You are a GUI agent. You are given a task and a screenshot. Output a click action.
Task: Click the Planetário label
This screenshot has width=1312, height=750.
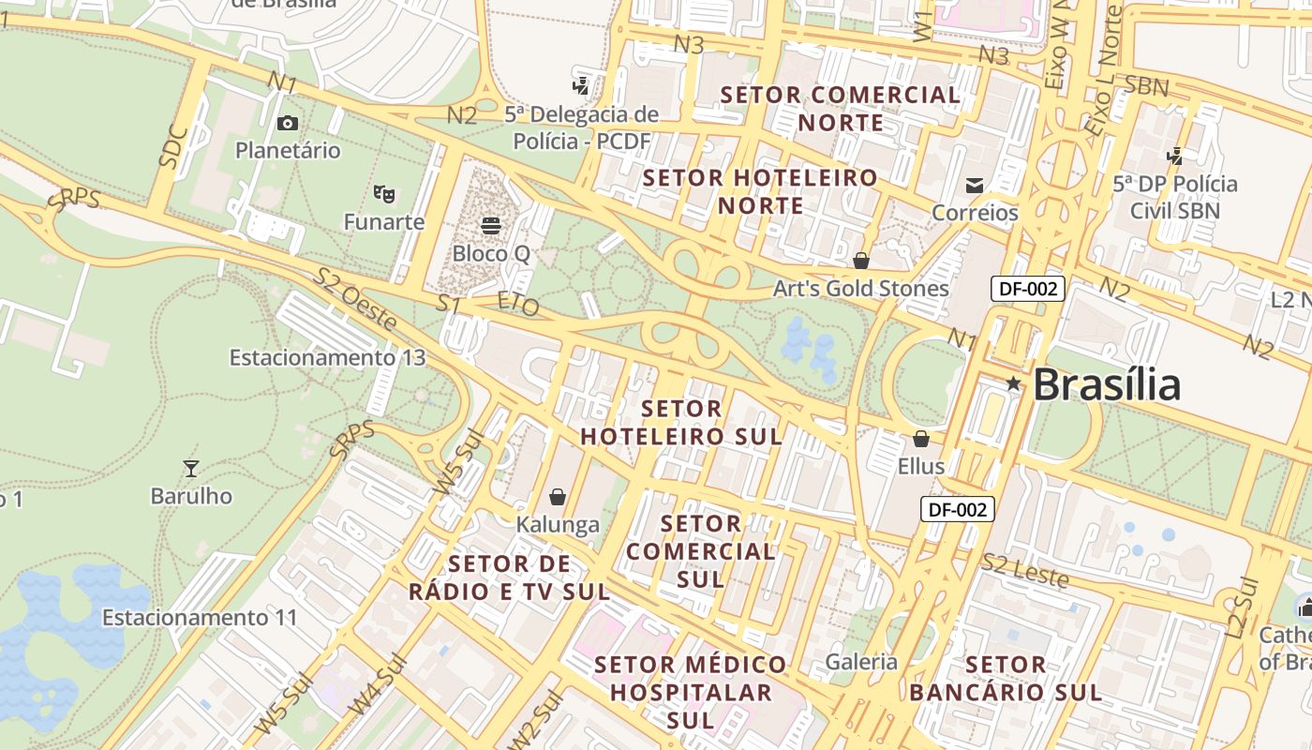point(288,150)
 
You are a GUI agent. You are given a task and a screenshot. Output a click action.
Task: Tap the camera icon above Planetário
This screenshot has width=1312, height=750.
point(288,123)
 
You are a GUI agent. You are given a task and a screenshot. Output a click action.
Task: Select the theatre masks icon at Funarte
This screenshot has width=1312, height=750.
point(383,194)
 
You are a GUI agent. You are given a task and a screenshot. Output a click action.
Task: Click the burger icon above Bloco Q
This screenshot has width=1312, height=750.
point(491,225)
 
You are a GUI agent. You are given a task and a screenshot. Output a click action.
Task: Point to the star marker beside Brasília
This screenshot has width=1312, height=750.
point(1013,382)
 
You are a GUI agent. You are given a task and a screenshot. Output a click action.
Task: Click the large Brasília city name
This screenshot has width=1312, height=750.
point(1107,384)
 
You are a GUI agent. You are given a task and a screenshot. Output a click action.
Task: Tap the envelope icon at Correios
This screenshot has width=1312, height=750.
point(975,185)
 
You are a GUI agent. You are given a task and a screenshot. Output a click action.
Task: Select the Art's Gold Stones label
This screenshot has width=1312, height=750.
point(860,289)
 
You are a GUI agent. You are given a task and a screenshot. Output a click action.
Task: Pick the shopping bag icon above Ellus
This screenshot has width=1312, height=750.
point(921,439)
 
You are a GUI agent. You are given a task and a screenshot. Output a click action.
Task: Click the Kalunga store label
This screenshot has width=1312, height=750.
point(558,524)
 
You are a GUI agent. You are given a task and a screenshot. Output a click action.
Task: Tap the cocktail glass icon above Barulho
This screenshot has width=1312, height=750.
point(191,468)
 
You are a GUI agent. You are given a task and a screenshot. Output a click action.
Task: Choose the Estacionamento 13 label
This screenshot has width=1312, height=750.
point(327,357)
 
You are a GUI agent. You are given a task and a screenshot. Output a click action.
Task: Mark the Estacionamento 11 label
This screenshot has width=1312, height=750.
point(199,618)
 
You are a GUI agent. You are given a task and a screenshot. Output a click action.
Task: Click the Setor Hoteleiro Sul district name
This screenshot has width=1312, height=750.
point(681,423)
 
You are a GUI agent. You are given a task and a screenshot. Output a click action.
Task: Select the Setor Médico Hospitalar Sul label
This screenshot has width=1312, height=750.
point(691,692)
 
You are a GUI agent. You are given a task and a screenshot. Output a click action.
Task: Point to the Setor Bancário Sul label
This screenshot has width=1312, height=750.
point(1006,679)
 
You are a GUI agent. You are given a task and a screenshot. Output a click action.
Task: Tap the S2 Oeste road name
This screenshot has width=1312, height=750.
point(355,299)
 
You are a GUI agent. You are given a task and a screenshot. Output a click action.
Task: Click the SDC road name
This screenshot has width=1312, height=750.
point(173,147)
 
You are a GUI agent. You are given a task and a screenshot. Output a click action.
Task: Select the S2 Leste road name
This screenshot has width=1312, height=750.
point(1025,571)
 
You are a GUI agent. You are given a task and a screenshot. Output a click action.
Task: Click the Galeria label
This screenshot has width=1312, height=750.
point(861,662)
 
